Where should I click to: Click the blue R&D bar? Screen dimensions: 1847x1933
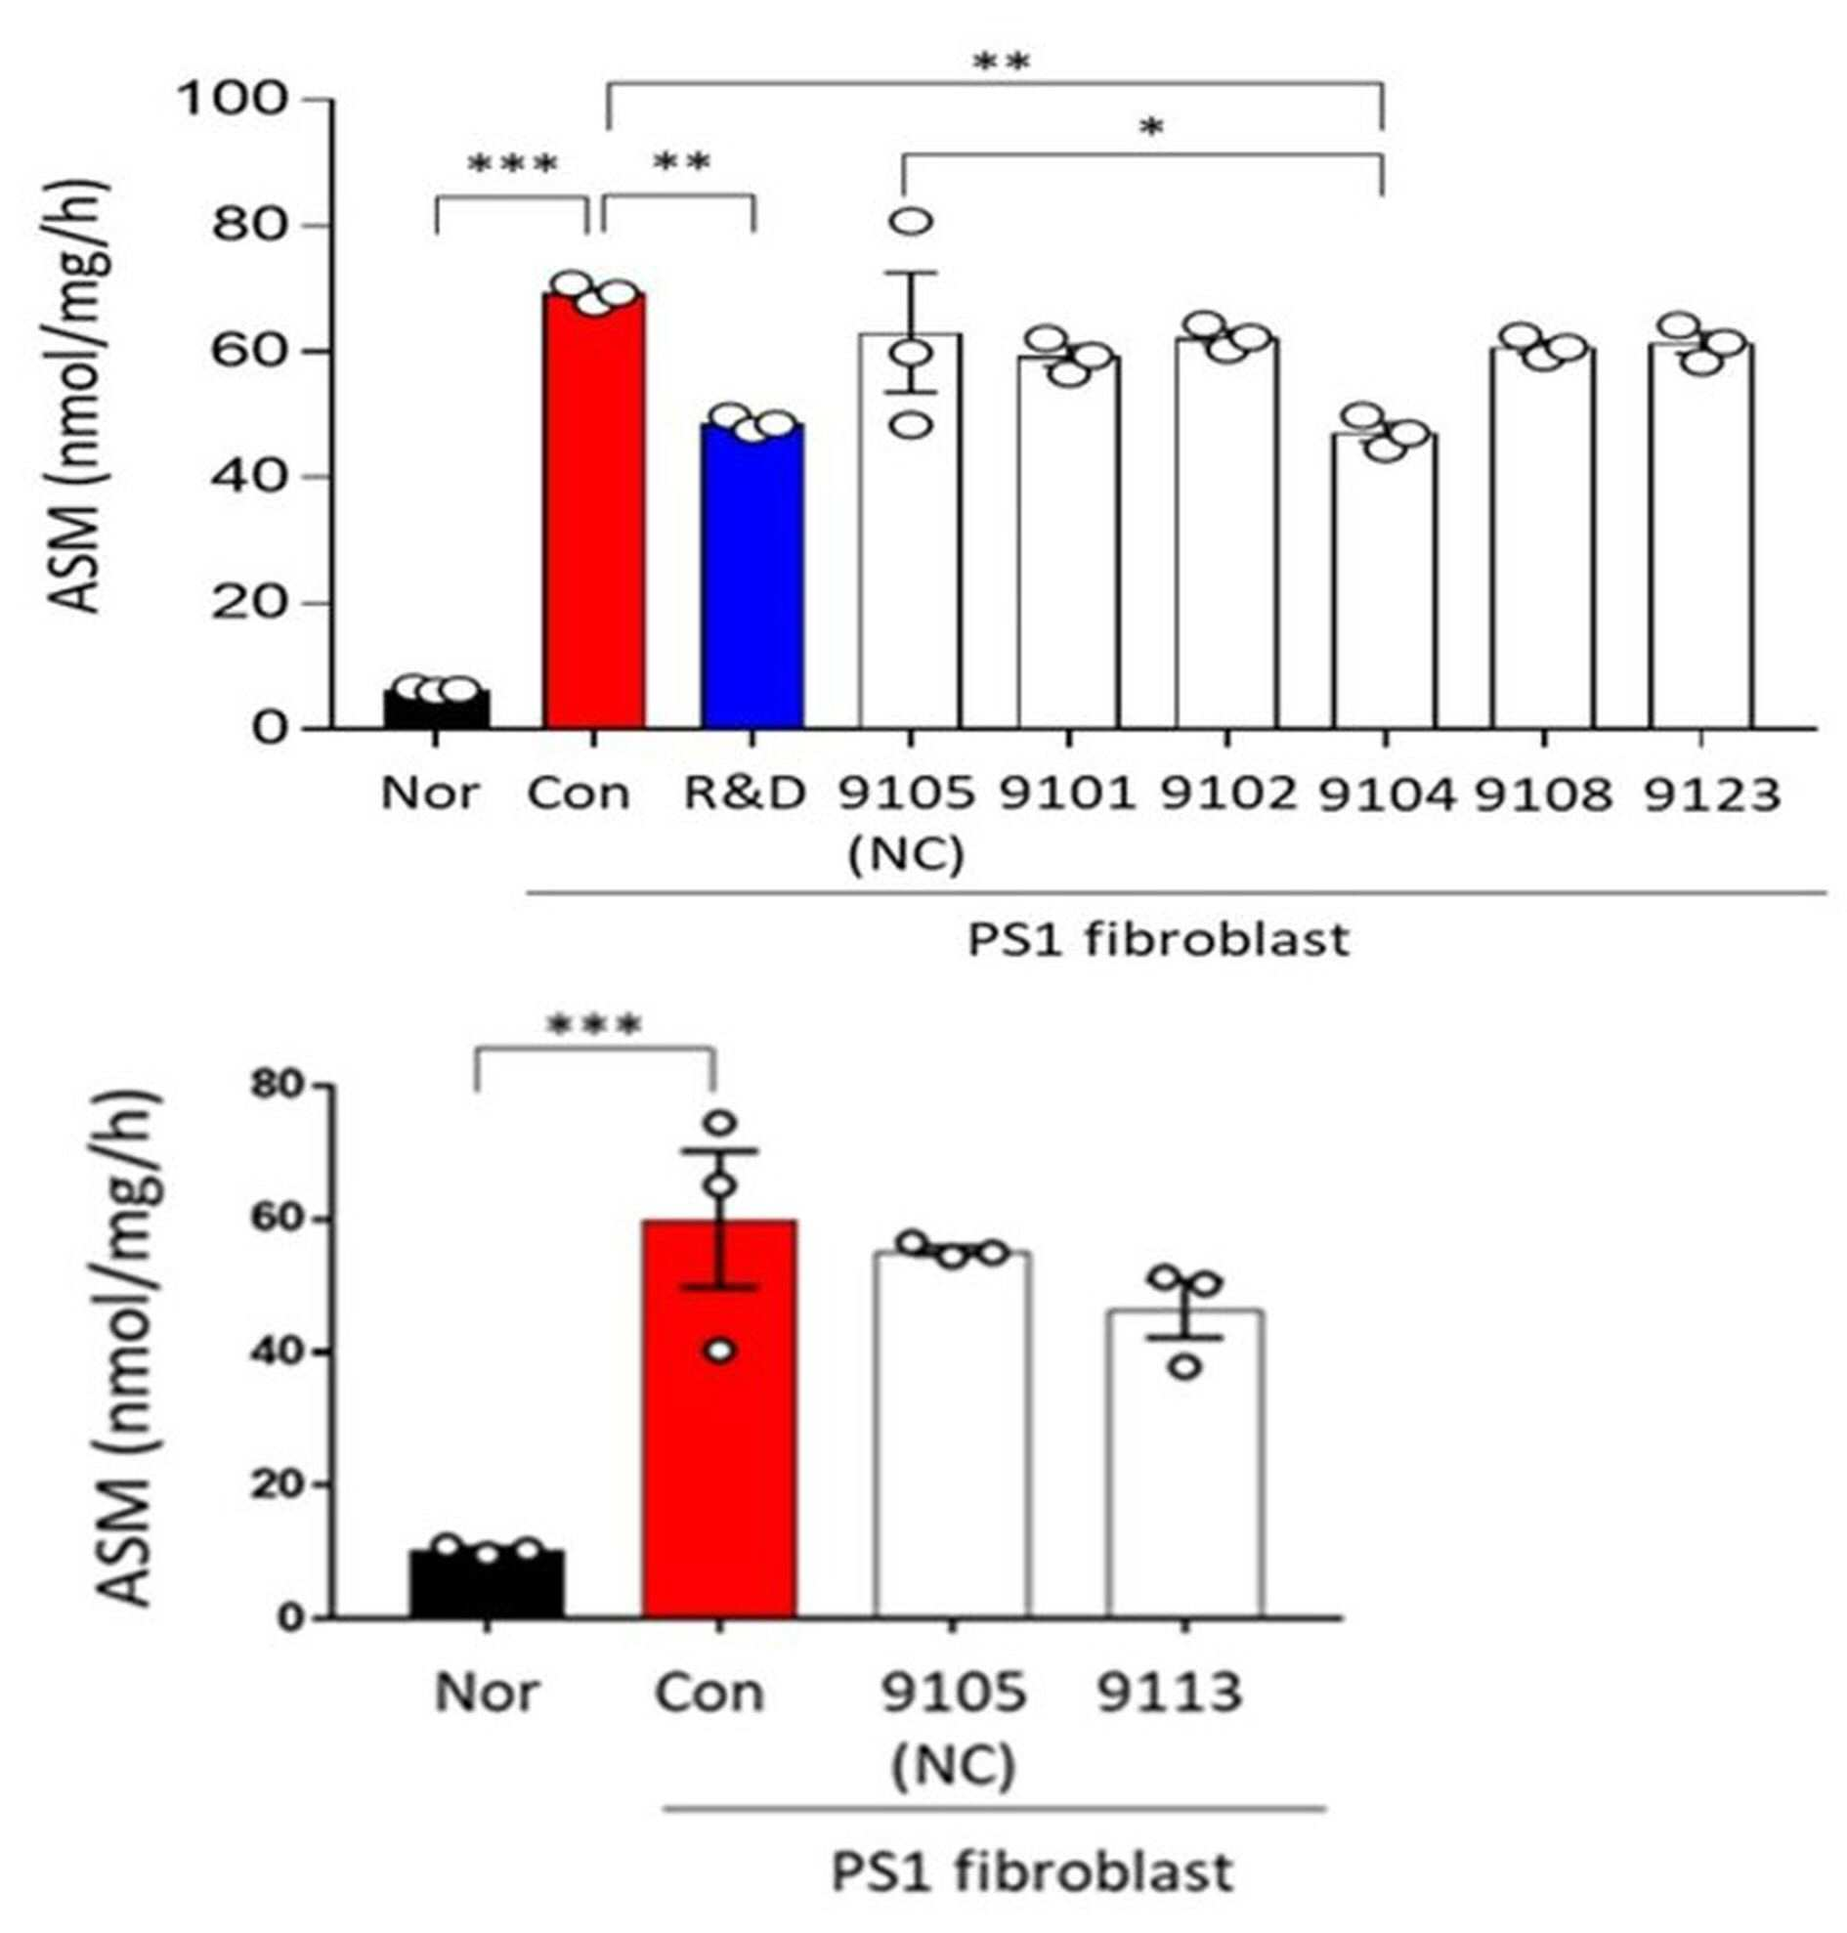(753, 576)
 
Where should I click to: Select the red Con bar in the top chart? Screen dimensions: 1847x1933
(594, 512)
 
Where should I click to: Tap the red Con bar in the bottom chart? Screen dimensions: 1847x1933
(719, 1419)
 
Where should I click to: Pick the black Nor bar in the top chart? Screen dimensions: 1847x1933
(436, 709)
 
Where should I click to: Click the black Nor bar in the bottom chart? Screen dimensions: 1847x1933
(488, 1584)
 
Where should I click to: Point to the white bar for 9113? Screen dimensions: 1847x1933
(1185, 1464)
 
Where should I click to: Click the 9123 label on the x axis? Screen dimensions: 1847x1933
(1712, 793)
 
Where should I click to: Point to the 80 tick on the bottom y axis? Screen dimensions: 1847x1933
(277, 1086)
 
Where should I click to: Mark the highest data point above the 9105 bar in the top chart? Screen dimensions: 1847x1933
(913, 222)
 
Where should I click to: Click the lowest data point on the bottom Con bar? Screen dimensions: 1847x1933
(720, 1350)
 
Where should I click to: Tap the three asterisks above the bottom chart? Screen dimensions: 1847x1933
(594, 1026)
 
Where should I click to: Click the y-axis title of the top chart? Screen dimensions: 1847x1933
(82, 396)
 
